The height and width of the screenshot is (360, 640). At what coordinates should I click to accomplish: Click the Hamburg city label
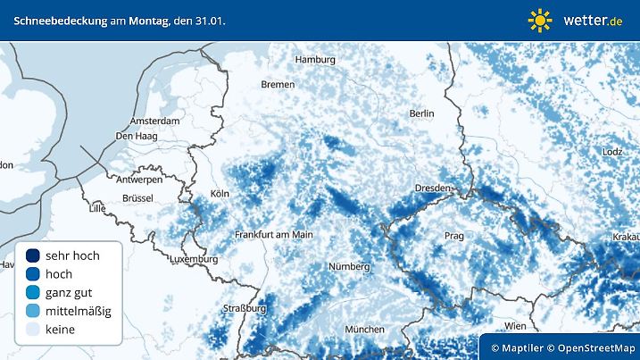point(315,60)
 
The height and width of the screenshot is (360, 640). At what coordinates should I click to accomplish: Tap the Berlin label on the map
point(421,113)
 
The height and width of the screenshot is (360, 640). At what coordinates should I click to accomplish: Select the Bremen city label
point(278,84)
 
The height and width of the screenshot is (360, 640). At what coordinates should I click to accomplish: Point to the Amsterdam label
point(155,120)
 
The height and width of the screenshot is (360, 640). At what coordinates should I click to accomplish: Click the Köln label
point(220,194)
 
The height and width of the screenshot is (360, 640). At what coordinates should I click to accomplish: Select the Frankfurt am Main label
point(273,234)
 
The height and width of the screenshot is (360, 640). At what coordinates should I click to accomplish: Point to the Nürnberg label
point(349,266)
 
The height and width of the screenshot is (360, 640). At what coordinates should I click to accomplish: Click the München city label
point(364,329)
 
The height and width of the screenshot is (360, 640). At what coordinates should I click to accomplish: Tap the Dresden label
point(435,188)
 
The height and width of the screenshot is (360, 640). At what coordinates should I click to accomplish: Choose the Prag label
point(454,236)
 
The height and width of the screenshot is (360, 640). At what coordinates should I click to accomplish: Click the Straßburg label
point(245,308)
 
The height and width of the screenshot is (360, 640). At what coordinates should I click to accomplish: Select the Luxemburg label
point(193,259)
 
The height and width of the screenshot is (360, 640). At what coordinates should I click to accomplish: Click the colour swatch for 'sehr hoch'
point(33,255)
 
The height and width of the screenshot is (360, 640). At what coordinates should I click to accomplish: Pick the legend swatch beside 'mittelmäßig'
point(33,311)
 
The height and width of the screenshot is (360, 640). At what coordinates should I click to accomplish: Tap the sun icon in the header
point(540,20)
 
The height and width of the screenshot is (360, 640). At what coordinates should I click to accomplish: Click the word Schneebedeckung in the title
point(59,20)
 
